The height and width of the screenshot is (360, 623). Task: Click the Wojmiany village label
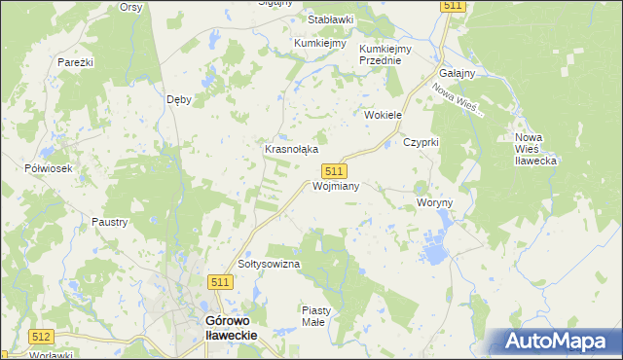pos(337,186)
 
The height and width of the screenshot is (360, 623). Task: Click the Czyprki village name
pos(422,142)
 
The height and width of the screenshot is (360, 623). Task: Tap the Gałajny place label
pos(457,74)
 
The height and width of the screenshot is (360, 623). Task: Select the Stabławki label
pos(331,19)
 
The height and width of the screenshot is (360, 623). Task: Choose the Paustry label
pos(109,222)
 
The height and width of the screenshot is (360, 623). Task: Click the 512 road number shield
pos(41,337)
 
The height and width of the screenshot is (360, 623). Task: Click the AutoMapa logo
pos(560,342)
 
